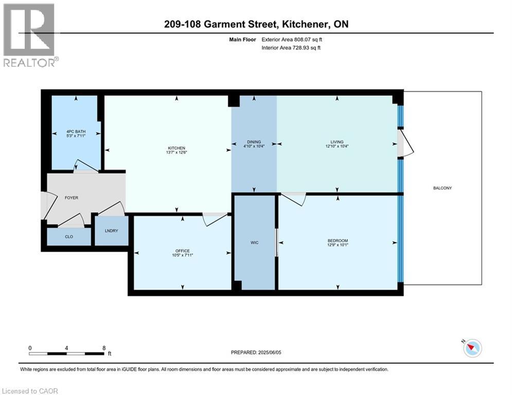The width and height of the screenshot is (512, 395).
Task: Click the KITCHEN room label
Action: click(x=176, y=148)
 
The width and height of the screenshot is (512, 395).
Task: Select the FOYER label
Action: click(x=71, y=197)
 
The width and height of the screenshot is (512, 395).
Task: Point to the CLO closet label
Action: click(x=68, y=237)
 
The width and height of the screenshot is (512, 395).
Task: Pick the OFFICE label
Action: click(x=183, y=250)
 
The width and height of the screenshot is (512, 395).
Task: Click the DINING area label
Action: click(x=254, y=142)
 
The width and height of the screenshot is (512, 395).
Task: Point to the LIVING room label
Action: click(x=337, y=142)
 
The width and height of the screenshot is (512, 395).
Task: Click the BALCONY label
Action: click(x=443, y=188)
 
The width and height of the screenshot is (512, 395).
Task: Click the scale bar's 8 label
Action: click(x=104, y=348)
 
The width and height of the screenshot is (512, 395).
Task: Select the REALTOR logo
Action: click(x=30, y=35)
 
